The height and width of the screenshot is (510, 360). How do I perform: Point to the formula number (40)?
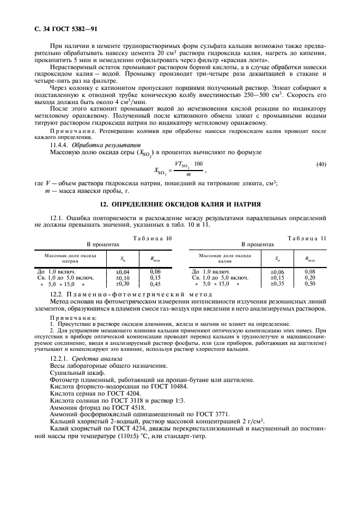tap(321, 179)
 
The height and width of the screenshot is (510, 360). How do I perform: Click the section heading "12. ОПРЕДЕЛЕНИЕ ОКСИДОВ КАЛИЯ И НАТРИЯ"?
tap(180, 204)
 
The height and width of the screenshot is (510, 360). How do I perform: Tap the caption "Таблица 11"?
tap(307, 238)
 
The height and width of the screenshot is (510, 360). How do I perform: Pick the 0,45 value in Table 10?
tap(155, 284)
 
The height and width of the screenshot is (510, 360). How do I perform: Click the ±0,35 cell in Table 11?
tap(278, 284)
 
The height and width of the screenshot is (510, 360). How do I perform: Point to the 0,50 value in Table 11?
tap(310, 284)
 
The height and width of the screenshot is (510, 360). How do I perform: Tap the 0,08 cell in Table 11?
tap(310, 271)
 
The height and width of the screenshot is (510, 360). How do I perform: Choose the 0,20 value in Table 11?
tap(310, 277)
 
